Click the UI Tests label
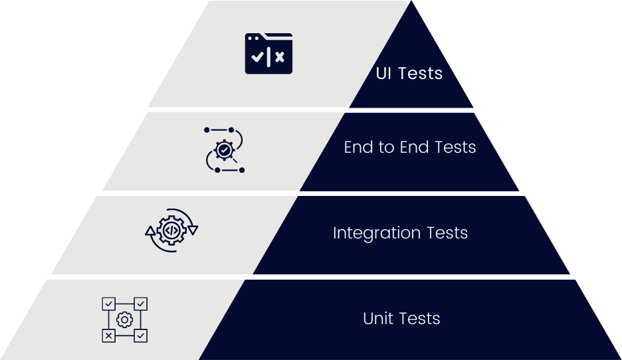click(x=409, y=73)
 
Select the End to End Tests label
click(x=410, y=147)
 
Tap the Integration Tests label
click(x=400, y=233)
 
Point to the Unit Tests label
click(x=401, y=319)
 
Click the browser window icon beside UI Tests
click(x=268, y=53)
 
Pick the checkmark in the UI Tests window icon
click(x=257, y=57)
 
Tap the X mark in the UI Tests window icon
click(x=280, y=57)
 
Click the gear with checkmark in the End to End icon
click(x=225, y=151)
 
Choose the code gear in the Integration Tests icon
click(x=171, y=230)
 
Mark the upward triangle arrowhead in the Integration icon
click(x=151, y=231)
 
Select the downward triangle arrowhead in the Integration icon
click(x=193, y=230)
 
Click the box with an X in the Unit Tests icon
click(x=108, y=336)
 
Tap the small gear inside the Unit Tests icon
click(x=124, y=320)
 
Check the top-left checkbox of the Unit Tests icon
click(x=108, y=304)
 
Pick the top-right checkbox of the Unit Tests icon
click(x=141, y=304)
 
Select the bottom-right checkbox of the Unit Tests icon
click(x=141, y=336)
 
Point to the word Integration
click(x=377, y=234)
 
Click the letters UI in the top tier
click(x=383, y=73)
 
